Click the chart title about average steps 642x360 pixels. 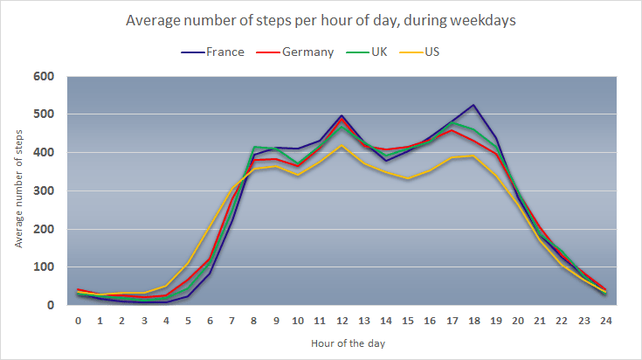[321, 20]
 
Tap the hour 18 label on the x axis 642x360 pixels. [473, 321]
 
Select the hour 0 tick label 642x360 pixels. [79, 321]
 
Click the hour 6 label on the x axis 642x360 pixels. [210, 321]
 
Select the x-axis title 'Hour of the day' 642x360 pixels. [342, 342]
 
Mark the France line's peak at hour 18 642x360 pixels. [473, 105]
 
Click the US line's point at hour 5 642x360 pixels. [188, 263]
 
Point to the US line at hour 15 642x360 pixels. [407, 178]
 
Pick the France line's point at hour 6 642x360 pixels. [210, 273]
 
